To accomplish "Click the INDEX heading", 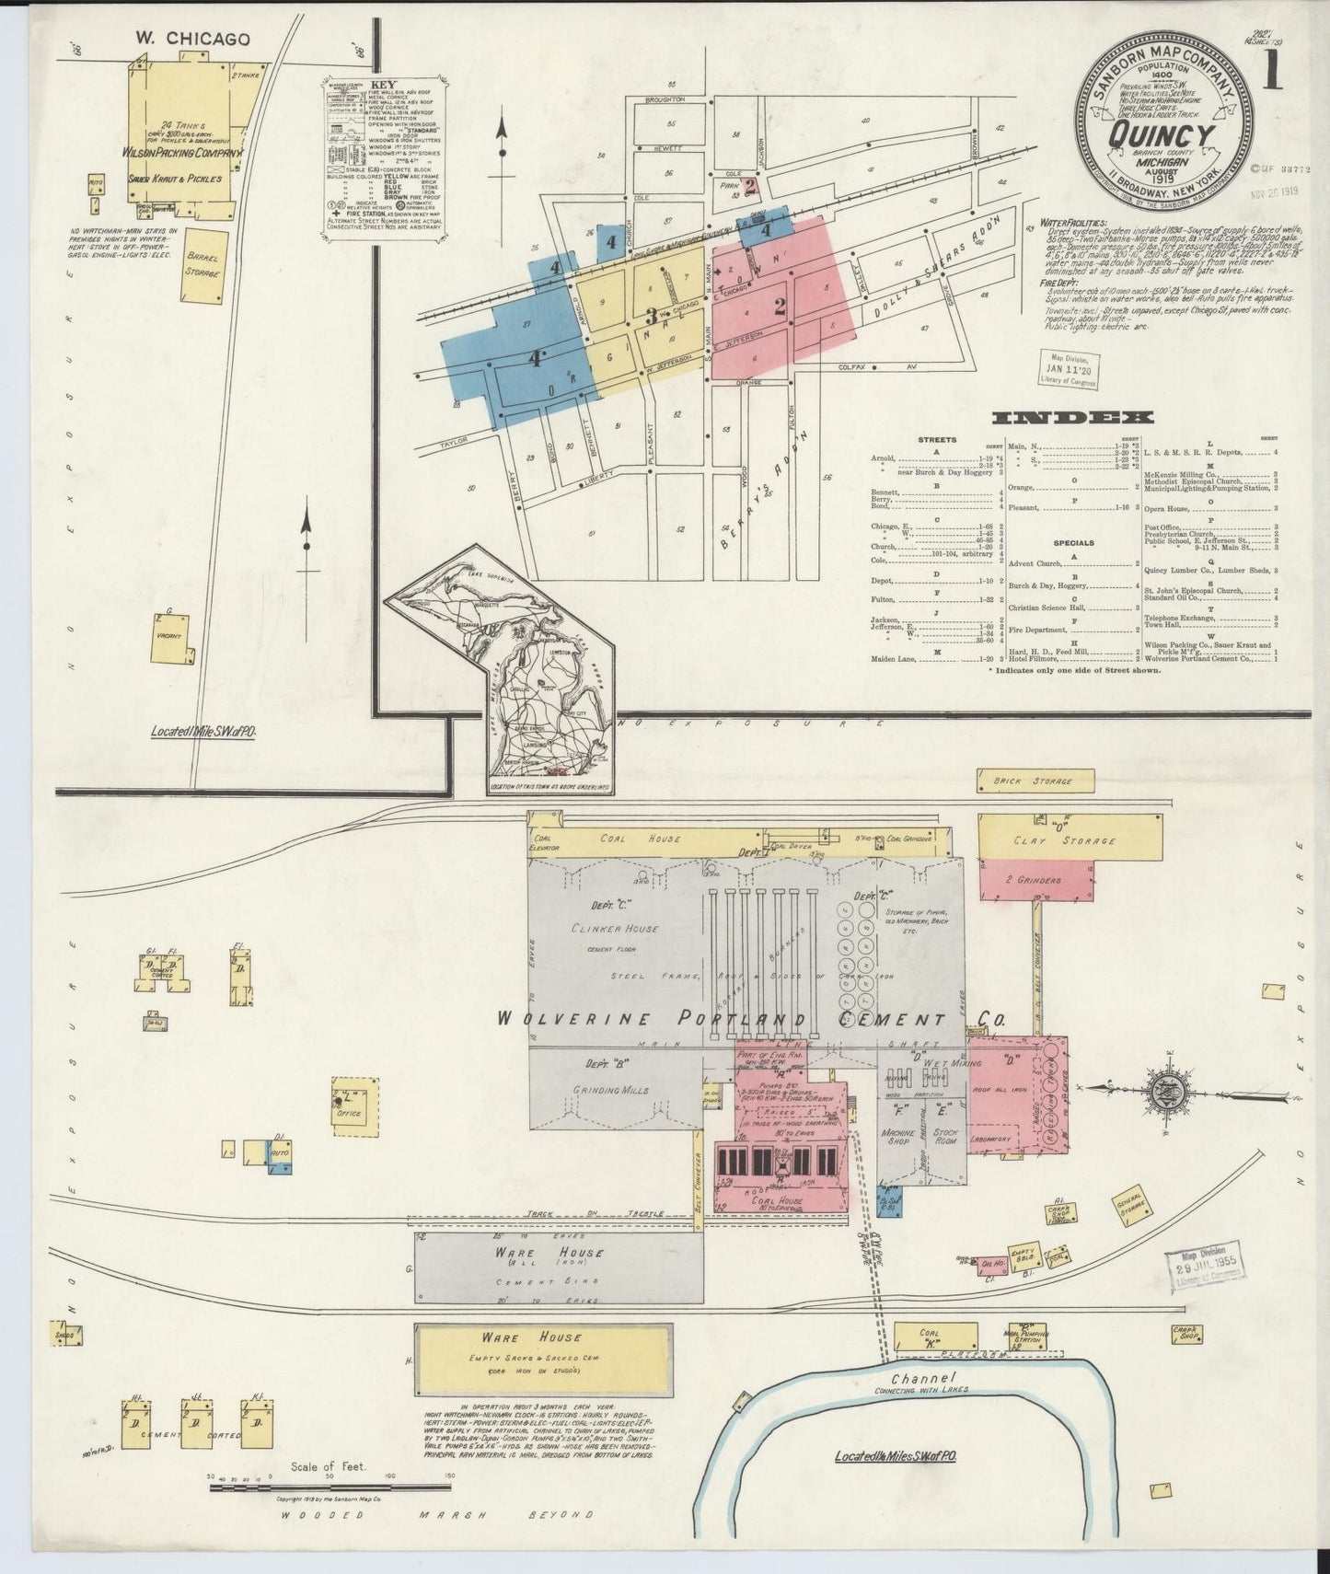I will coord(1072,418).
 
